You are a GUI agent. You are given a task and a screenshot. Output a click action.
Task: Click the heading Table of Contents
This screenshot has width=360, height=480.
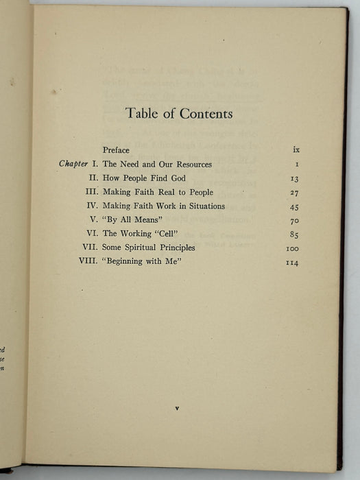[180, 113]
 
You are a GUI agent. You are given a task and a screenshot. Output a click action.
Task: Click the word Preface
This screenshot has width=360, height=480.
[116, 149]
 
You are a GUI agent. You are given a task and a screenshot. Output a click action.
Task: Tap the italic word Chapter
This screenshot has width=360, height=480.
[73, 165]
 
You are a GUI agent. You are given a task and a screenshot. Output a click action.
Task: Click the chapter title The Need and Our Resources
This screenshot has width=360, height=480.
[157, 165]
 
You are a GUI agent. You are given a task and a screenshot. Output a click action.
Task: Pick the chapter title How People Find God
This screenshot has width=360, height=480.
[143, 178]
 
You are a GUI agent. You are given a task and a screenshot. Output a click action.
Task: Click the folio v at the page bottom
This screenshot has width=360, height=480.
[177, 408]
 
